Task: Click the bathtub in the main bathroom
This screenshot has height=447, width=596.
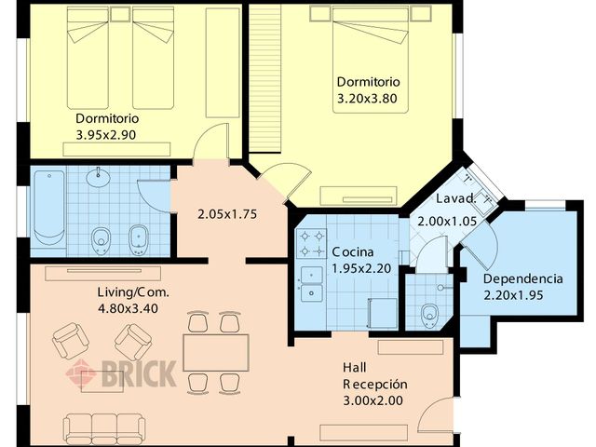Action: [x=49, y=209]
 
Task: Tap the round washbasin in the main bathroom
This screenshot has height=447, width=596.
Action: [x=99, y=177]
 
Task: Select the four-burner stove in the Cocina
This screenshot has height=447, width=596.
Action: [x=311, y=243]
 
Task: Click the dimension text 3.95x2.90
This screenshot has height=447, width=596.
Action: [x=106, y=135]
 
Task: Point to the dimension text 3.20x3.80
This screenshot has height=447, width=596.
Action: [x=367, y=99]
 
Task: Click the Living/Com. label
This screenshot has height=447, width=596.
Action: [x=133, y=292]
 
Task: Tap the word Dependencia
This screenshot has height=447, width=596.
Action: [x=523, y=279]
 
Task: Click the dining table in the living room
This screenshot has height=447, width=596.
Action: [x=216, y=353]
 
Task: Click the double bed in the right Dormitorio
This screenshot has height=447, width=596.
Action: [x=371, y=60]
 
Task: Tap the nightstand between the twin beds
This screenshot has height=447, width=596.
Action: [x=120, y=14]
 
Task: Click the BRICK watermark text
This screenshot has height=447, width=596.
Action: [x=139, y=373]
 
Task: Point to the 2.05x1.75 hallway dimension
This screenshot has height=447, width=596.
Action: [x=227, y=214]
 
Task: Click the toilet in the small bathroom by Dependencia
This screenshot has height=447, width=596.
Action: [x=429, y=315]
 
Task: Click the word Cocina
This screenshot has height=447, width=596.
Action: [x=353, y=252]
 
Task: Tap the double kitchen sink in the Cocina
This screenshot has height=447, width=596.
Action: [x=312, y=284]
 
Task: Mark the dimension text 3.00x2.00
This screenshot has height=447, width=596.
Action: [x=372, y=400]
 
